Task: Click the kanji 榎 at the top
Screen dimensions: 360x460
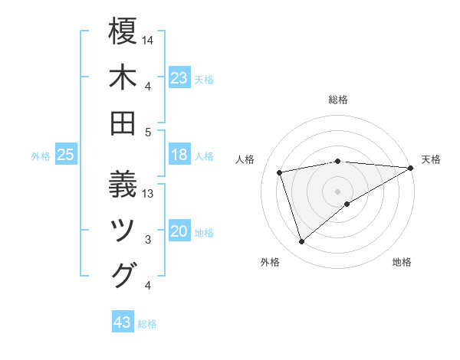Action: (123, 33)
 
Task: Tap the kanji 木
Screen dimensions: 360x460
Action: (123, 79)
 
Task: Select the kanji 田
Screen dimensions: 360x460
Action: (123, 123)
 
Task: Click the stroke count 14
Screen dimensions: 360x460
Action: (148, 39)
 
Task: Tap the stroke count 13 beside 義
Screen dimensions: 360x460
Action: (148, 194)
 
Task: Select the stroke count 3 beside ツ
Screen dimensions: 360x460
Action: (148, 240)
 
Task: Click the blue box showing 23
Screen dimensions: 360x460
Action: (179, 77)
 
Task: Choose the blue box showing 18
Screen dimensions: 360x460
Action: (179, 155)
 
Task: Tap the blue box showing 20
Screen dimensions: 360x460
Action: (179, 232)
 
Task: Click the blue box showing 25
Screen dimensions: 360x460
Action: (66, 155)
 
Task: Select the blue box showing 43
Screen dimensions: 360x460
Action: (123, 322)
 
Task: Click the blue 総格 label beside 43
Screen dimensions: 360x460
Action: (148, 324)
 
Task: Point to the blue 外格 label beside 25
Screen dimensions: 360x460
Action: (41, 156)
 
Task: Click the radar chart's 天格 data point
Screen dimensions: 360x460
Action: (411, 169)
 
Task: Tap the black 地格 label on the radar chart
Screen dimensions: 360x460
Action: (402, 263)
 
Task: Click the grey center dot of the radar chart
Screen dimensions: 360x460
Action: (337, 190)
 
